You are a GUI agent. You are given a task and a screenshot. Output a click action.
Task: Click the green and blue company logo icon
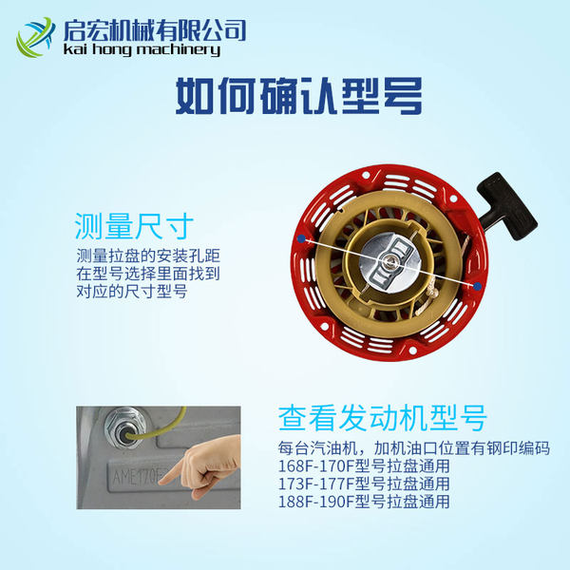click(35, 37)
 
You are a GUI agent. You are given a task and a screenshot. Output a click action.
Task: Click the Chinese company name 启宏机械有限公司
click(155, 30)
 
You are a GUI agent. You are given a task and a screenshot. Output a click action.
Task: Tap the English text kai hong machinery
click(142, 49)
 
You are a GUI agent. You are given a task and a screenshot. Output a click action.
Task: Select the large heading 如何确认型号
click(299, 96)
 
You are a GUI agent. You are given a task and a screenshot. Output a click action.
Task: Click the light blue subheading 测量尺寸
click(134, 226)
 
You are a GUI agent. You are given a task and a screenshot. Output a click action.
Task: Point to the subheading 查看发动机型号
click(383, 418)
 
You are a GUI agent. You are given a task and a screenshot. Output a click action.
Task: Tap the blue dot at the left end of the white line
click(301, 238)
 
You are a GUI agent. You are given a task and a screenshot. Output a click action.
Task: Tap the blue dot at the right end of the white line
click(478, 287)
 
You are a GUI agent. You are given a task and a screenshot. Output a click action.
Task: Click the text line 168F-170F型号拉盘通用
click(364, 466)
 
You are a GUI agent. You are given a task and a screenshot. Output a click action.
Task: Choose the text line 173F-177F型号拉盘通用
click(364, 484)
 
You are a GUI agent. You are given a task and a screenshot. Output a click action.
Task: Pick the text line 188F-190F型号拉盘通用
click(364, 502)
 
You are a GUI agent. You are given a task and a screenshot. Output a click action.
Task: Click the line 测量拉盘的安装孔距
click(148, 256)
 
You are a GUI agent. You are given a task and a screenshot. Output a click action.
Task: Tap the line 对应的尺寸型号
click(132, 292)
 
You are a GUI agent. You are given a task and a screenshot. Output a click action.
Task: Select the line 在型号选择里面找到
click(148, 274)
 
